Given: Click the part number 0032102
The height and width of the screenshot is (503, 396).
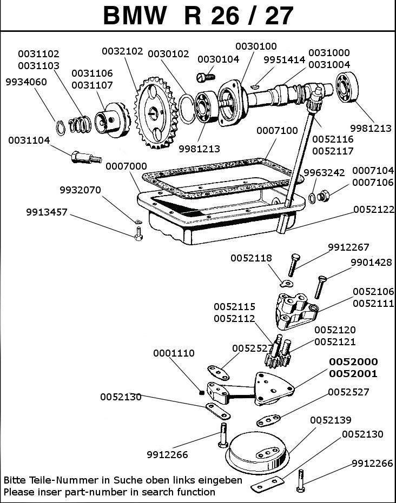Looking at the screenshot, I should point(122,52).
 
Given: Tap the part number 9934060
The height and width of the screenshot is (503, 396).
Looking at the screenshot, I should point(26,82).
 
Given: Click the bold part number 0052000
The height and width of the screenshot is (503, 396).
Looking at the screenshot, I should point(354,362).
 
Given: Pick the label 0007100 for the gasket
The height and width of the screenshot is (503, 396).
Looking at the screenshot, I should point(277,130).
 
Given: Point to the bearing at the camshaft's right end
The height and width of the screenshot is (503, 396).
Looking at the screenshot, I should point(349,89).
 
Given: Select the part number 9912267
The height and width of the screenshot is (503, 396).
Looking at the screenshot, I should point(348,248).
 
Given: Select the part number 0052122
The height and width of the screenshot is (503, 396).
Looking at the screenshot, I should point(374,209).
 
